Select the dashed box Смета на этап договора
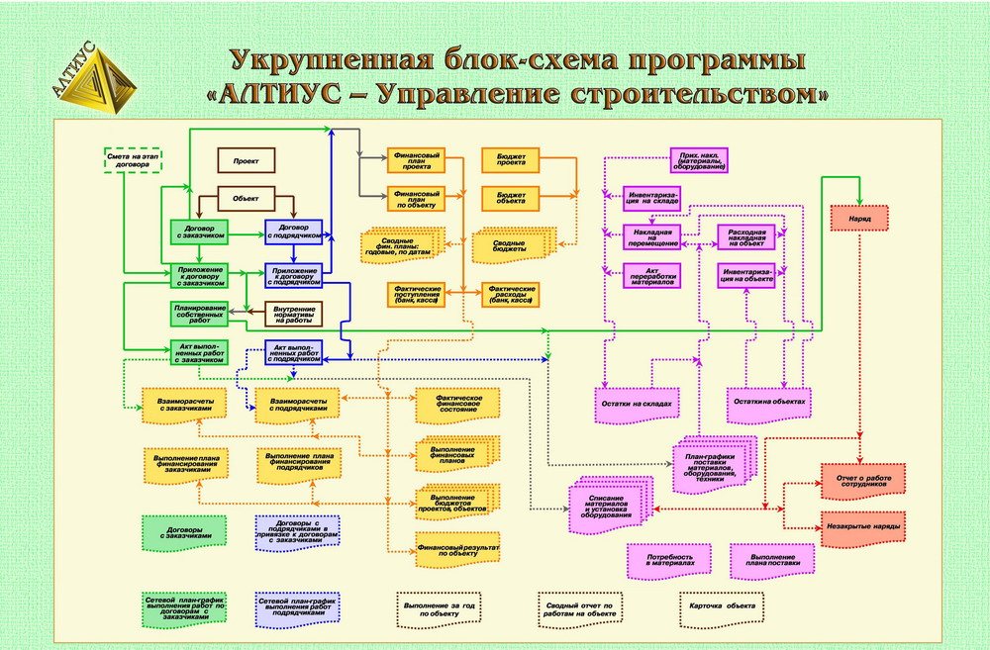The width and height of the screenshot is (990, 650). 134,159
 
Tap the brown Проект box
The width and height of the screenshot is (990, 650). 247,160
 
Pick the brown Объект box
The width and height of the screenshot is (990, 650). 246,198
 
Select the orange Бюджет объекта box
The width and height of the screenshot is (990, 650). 511,197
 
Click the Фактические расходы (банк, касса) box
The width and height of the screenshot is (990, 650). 511,293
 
